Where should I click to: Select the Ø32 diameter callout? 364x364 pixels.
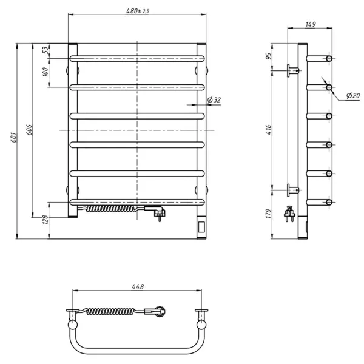pos(213,100)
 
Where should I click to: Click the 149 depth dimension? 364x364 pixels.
pos(311,25)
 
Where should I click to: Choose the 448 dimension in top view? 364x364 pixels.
pos(138,288)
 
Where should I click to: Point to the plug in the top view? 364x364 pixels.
pos(159,311)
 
